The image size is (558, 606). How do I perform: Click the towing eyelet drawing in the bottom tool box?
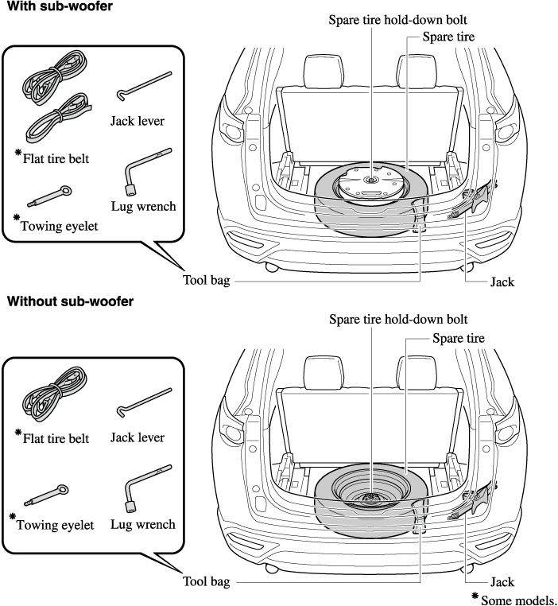click(x=50, y=498)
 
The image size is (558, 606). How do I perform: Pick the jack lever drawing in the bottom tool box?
click(x=142, y=402)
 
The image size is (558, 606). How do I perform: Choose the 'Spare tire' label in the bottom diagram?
click(x=458, y=338)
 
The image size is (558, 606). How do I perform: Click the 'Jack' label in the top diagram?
click(x=502, y=282)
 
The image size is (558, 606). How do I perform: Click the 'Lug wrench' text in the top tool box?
click(x=144, y=207)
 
